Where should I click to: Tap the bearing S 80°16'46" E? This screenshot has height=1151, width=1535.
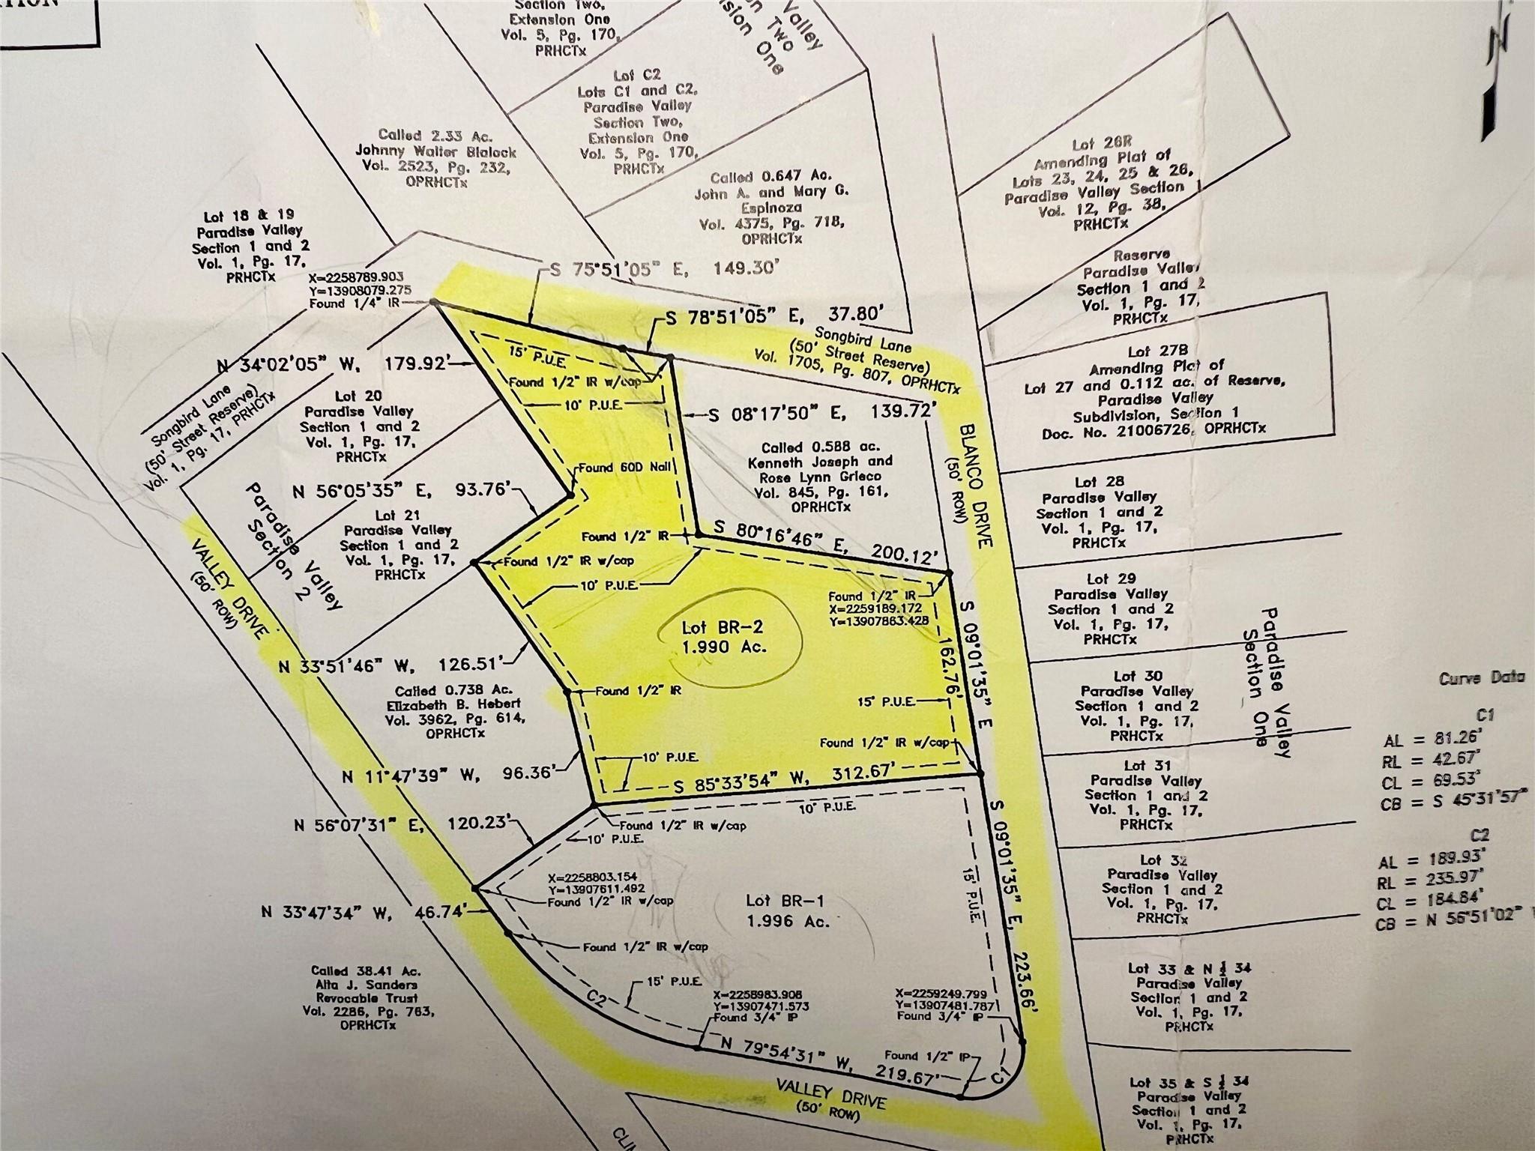(786, 539)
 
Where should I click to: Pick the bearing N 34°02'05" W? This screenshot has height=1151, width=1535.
(284, 366)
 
